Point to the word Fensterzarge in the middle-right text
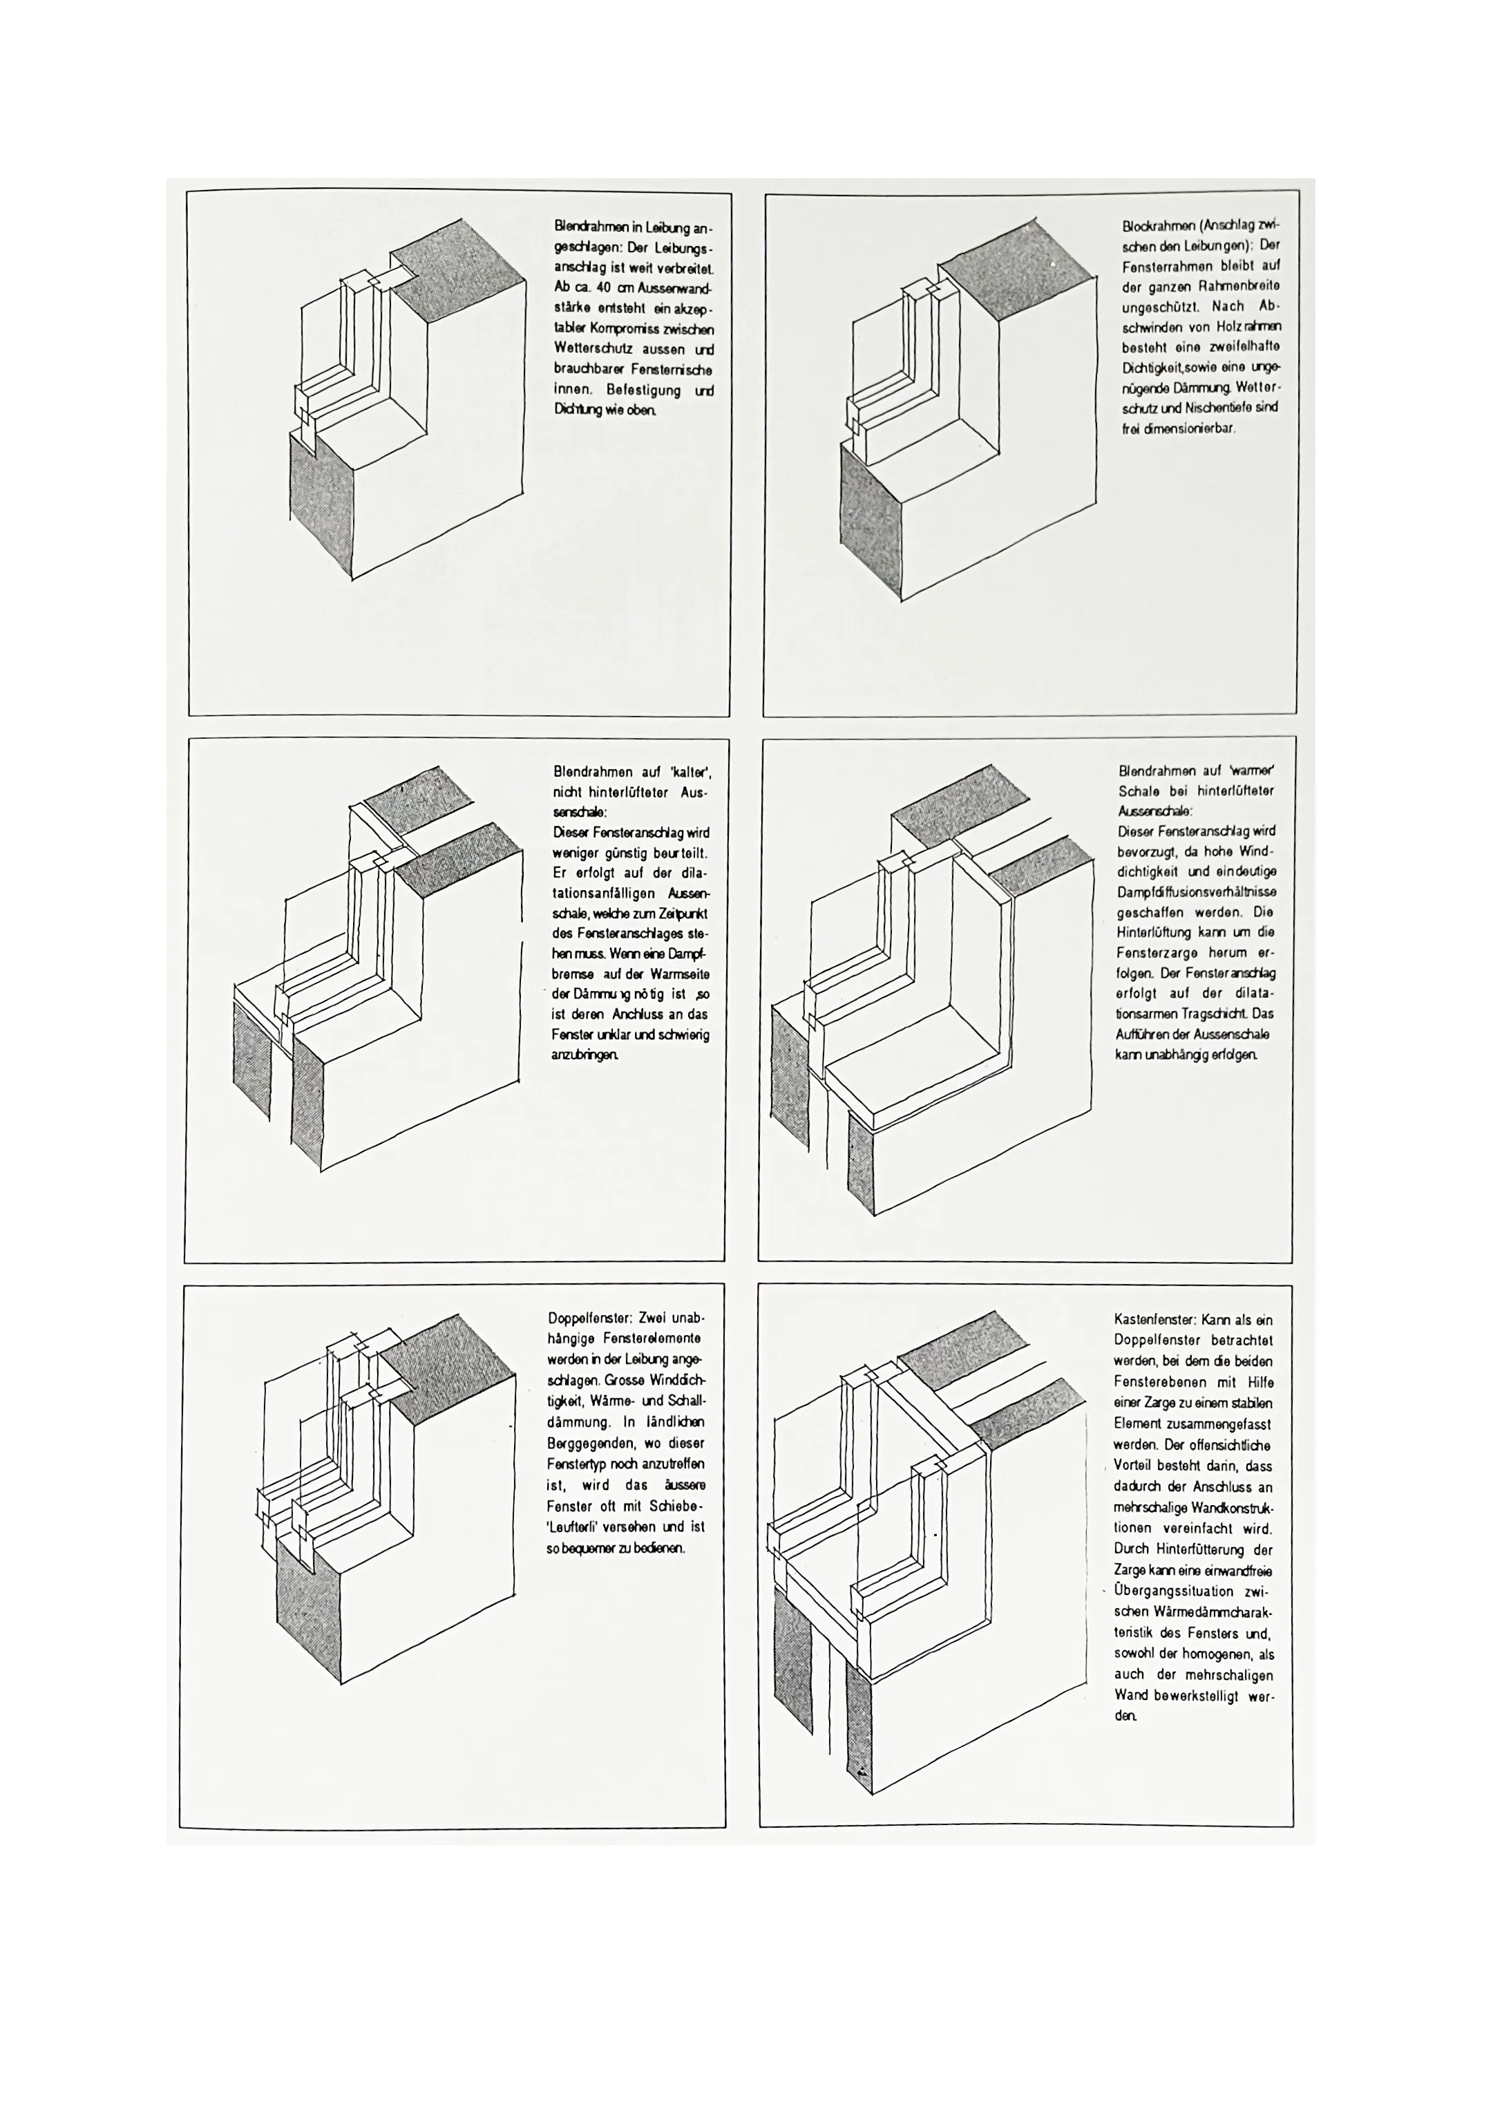[x=1157, y=953]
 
